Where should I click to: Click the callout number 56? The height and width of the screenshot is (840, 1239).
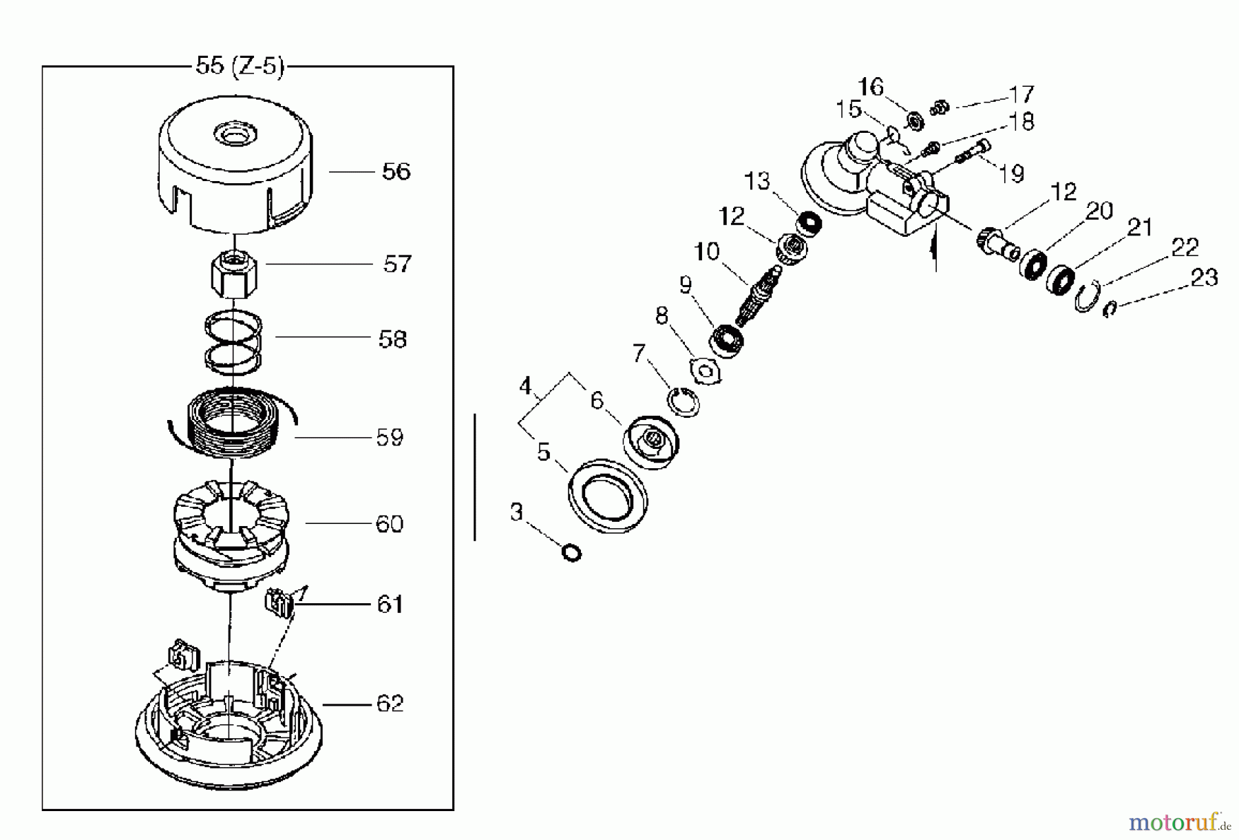click(396, 171)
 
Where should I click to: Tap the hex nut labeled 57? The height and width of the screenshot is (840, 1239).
click(233, 273)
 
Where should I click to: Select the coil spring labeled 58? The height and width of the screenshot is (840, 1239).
click(234, 342)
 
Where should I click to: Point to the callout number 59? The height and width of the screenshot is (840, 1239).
click(390, 437)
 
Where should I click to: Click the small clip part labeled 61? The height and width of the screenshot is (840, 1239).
click(278, 603)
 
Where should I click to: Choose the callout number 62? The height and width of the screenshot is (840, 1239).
click(390, 704)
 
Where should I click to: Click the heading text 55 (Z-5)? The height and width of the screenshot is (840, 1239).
click(240, 67)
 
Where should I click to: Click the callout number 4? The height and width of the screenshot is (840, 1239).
click(526, 386)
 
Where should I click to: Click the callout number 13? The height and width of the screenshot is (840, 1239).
click(757, 181)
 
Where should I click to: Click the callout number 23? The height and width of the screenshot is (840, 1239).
click(1204, 277)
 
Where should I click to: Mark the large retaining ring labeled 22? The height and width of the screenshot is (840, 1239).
click(1086, 297)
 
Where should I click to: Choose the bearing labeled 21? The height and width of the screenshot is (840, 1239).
click(1060, 277)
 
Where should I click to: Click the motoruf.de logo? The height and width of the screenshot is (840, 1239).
click(1179, 821)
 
